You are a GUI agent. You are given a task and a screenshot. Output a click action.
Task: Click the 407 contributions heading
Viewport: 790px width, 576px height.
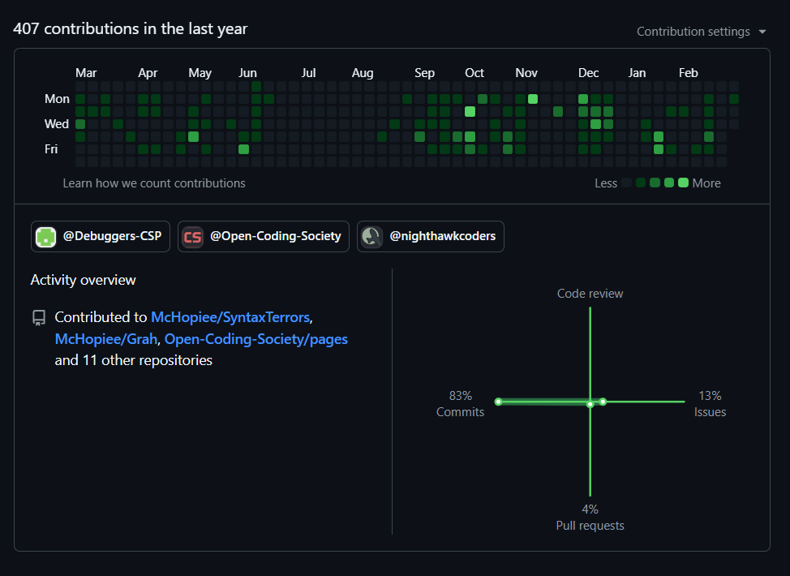pyautogui.click(x=131, y=29)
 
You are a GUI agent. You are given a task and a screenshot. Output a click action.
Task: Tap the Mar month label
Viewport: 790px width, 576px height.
pyautogui.click(x=86, y=73)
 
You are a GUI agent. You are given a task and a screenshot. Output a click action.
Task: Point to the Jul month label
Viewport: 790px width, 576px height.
pyautogui.click(x=308, y=73)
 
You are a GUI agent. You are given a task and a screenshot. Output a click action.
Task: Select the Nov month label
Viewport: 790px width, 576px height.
pyautogui.click(x=526, y=73)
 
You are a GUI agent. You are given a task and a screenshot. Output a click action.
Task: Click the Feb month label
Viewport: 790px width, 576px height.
pyautogui.click(x=688, y=73)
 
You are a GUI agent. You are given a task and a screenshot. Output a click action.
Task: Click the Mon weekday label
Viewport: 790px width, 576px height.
pyautogui.click(x=57, y=99)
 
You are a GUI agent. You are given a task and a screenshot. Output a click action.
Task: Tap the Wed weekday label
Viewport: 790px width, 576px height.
pyautogui.click(x=57, y=124)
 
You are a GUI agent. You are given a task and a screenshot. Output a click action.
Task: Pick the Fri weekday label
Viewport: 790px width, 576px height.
pyautogui.click(x=51, y=149)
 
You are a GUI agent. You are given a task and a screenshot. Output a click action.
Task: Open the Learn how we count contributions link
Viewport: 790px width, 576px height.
pyautogui.click(x=154, y=183)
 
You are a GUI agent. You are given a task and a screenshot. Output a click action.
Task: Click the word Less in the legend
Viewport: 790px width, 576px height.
pyautogui.click(x=606, y=183)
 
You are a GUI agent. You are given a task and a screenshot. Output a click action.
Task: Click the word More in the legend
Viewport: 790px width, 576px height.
pyautogui.click(x=706, y=183)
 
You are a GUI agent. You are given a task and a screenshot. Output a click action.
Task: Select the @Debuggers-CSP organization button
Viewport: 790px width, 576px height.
pyautogui.click(x=101, y=237)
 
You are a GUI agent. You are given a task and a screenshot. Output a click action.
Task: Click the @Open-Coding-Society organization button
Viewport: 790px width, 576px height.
pyautogui.click(x=264, y=237)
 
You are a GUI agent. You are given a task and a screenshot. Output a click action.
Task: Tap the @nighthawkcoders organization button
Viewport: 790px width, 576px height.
pyautogui.click(x=430, y=237)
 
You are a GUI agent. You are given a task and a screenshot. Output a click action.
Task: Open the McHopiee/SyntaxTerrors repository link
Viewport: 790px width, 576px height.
pyautogui.click(x=230, y=317)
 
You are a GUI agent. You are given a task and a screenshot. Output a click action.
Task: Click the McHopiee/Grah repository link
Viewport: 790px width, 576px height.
pyautogui.click(x=105, y=339)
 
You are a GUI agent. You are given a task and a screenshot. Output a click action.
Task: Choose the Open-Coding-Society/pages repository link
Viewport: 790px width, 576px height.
pyautogui.click(x=256, y=339)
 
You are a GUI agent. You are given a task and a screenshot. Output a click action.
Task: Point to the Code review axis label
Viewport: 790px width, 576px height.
pyautogui.click(x=590, y=294)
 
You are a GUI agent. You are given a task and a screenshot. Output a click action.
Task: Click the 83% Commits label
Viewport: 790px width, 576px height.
pyautogui.click(x=460, y=404)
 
